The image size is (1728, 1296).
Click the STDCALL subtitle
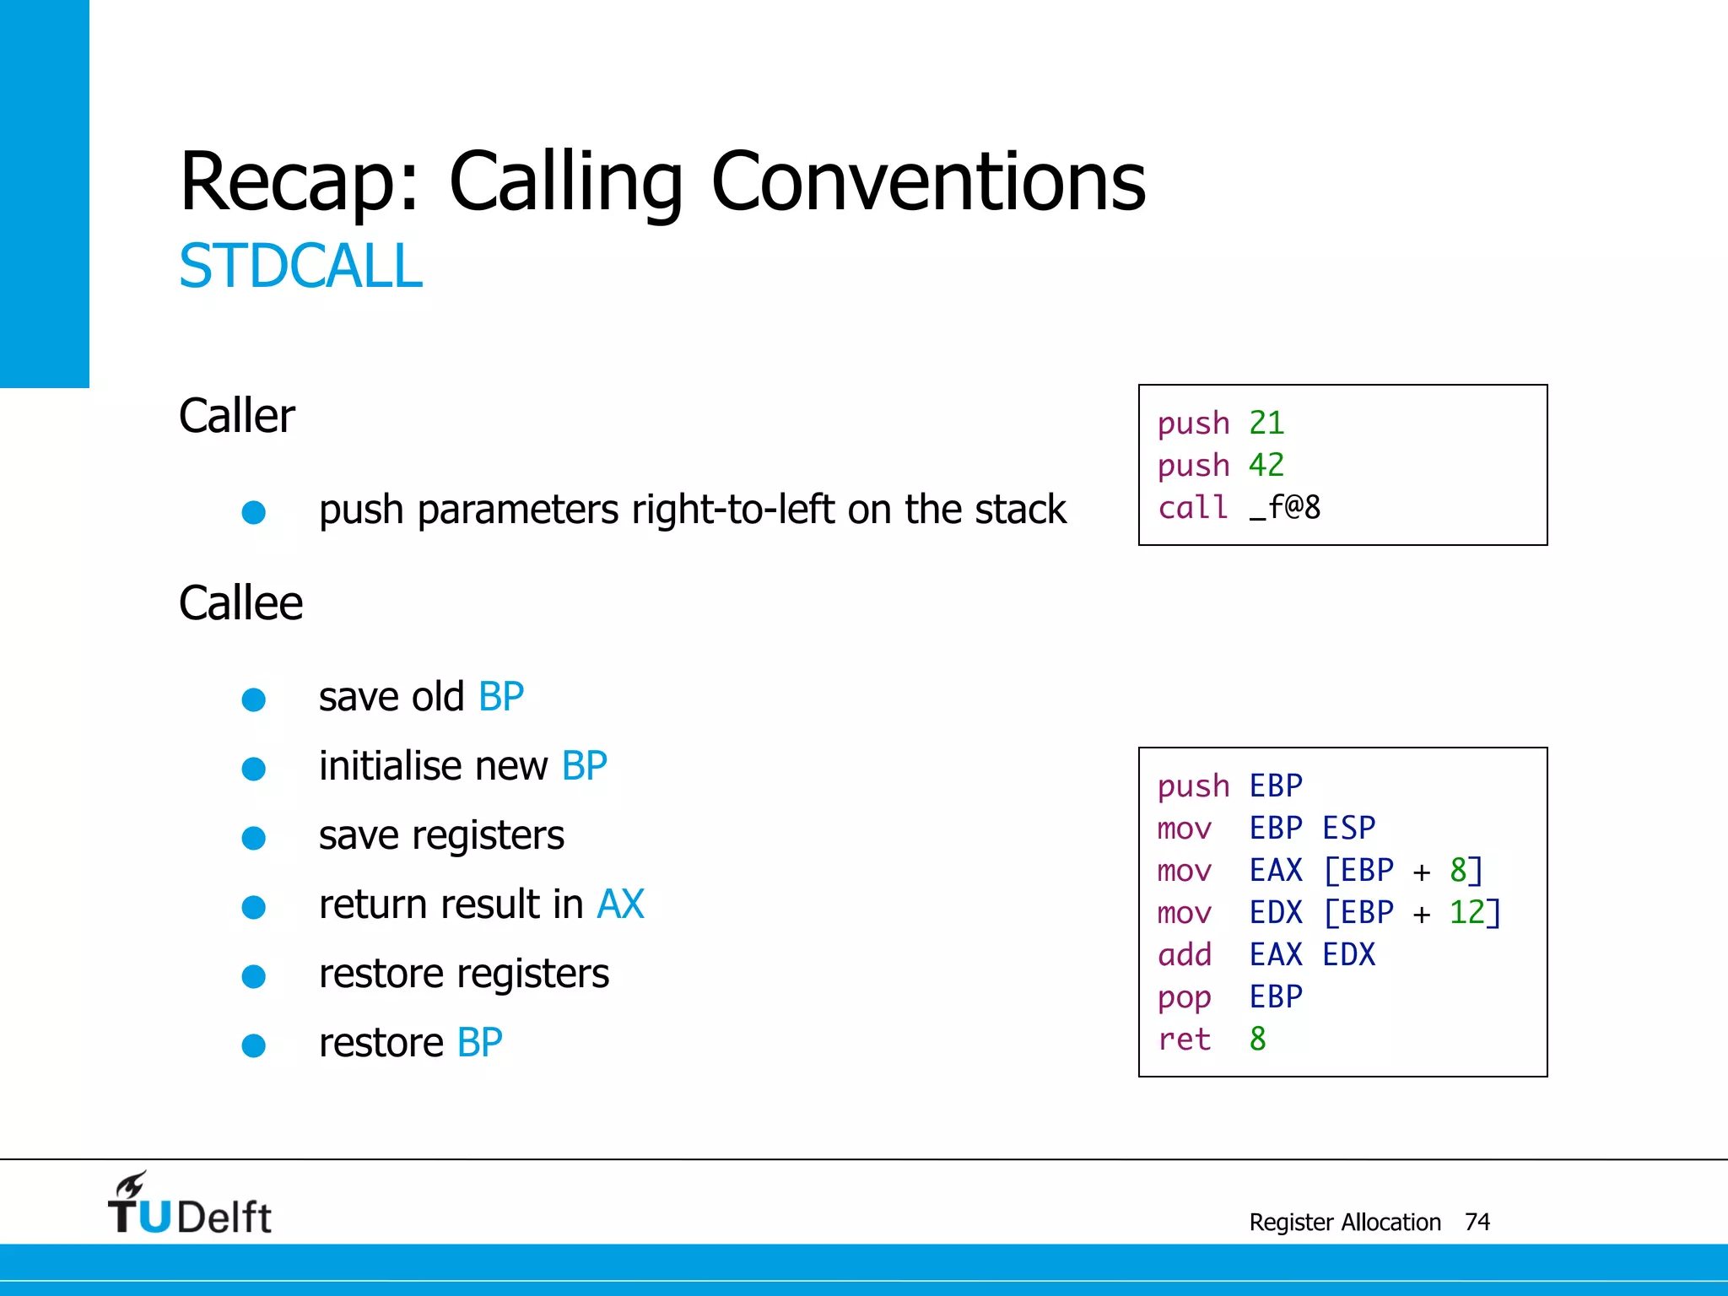coord(300,267)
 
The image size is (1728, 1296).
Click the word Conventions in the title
coord(928,181)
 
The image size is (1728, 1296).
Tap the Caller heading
coord(237,416)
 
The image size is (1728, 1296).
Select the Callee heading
coord(240,603)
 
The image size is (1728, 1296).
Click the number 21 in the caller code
coord(1266,423)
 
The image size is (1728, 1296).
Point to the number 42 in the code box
coord(1266,465)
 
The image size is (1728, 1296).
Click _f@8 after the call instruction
coord(1285,508)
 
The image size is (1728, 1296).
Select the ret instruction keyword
coord(1184,1039)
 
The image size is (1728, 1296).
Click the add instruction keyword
coord(1184,954)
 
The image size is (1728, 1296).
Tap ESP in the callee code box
coord(1348,828)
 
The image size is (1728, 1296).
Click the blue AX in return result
coord(620,904)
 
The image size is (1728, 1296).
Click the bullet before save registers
coord(254,838)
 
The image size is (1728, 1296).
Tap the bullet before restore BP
coord(254,1045)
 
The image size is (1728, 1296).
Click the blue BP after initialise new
coord(584,766)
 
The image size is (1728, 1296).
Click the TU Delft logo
coord(189,1205)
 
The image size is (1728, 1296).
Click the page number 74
coord(1477,1222)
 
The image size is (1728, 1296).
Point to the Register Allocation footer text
coord(1344,1222)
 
